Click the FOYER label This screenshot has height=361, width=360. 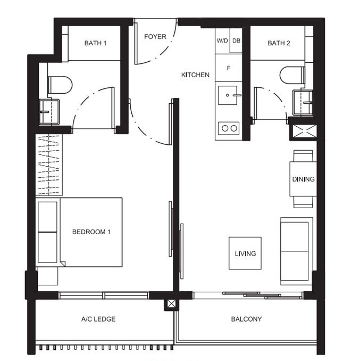(x=155, y=37)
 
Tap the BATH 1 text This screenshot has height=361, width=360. (x=95, y=43)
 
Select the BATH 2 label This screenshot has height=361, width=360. (x=279, y=43)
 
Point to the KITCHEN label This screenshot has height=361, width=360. (x=195, y=75)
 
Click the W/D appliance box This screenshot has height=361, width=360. (x=222, y=41)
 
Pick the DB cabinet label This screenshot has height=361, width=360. (x=236, y=41)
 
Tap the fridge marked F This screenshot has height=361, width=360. (x=229, y=68)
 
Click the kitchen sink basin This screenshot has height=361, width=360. (x=228, y=95)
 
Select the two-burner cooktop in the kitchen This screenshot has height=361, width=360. (x=229, y=128)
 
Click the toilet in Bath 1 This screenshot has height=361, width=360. (x=60, y=85)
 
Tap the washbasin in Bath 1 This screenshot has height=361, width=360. (x=49, y=112)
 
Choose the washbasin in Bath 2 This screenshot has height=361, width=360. (x=303, y=103)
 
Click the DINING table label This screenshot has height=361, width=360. (x=303, y=179)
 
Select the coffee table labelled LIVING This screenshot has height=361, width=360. (x=245, y=253)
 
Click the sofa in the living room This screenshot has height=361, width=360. (x=297, y=251)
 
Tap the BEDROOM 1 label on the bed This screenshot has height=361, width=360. (x=91, y=232)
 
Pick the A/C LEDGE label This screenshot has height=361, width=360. (x=98, y=319)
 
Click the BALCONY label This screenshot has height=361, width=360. (x=246, y=319)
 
